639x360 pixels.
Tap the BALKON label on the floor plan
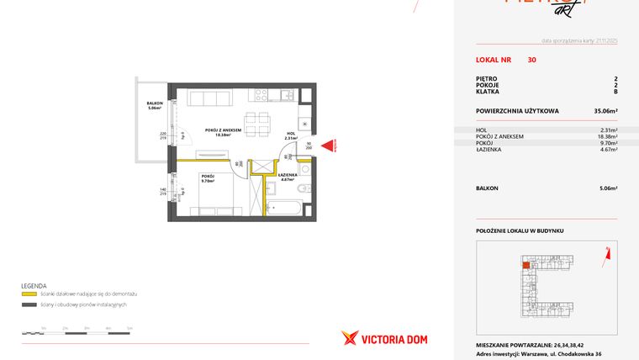pyautogui.click(x=153, y=104)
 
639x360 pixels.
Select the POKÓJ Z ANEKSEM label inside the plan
pyautogui.click(x=224, y=130)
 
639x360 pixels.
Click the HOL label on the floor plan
pyautogui.click(x=290, y=133)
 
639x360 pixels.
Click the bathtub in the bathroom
pyautogui.click(x=289, y=205)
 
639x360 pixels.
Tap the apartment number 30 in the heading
pyautogui.click(x=531, y=60)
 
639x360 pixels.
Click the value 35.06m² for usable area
pyautogui.click(x=606, y=110)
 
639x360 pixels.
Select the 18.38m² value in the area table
pyautogui.click(x=607, y=136)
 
